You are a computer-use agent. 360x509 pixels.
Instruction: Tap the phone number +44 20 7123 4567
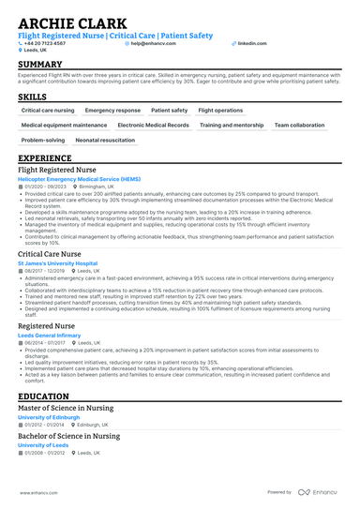pyautogui.click(x=45, y=43)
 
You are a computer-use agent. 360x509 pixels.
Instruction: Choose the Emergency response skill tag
pyautogui.click(x=112, y=110)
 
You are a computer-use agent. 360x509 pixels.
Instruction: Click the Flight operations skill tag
pyautogui.click(x=221, y=110)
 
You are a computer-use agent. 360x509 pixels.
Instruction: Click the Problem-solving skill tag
pyautogui.click(x=42, y=140)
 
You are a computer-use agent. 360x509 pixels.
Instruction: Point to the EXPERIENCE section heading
pyautogui.click(x=44, y=159)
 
